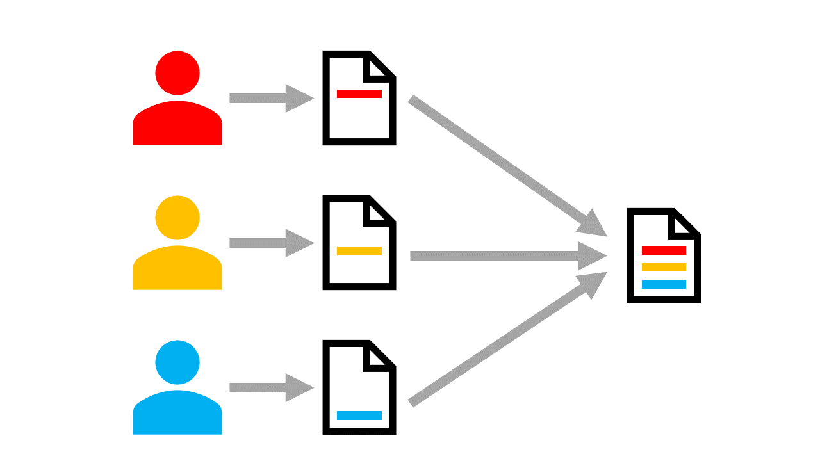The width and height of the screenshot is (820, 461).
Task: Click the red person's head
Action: coord(177,74)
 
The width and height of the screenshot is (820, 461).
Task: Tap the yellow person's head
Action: coord(177,218)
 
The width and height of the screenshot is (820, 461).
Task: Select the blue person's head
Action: coord(177,363)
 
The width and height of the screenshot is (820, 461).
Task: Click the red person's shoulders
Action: coord(177,125)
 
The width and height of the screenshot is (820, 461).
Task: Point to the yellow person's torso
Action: coord(177,270)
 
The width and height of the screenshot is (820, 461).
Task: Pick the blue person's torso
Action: coord(177,414)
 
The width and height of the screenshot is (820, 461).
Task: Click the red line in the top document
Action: coord(359,93)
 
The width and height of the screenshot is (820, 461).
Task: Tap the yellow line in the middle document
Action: coord(359,251)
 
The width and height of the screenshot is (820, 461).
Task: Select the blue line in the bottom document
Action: coord(359,415)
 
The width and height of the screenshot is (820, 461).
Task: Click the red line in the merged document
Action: coord(664,250)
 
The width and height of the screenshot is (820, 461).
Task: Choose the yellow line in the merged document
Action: coord(664,267)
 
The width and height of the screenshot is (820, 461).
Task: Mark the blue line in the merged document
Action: coord(664,284)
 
